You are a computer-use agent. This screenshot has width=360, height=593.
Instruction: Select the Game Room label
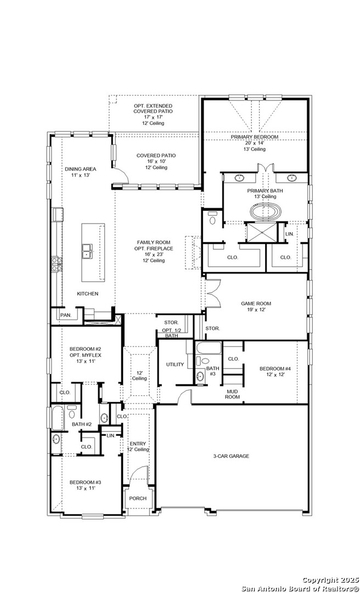tap(256, 303)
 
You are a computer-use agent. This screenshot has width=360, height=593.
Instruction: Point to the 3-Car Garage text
tap(231, 456)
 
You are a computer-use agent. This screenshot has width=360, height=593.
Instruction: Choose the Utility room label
tap(175, 365)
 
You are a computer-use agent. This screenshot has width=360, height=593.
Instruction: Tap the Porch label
tap(138, 499)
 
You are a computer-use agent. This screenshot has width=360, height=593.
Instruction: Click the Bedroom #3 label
tap(85, 482)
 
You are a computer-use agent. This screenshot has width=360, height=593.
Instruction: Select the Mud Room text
tap(233, 394)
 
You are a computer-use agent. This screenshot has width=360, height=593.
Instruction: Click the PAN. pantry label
tap(66, 315)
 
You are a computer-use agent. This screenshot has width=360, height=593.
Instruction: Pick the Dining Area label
tap(80, 169)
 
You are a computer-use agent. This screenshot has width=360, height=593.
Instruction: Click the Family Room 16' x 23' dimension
tap(154, 255)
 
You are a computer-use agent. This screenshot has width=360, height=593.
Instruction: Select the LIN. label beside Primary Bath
tap(289, 234)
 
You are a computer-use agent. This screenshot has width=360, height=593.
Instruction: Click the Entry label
tap(138, 444)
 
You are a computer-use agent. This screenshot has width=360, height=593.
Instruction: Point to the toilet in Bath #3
tap(204, 360)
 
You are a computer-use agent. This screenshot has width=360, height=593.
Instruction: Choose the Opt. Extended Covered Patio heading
tap(153, 109)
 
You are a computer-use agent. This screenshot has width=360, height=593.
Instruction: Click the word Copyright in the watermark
tap(320, 580)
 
